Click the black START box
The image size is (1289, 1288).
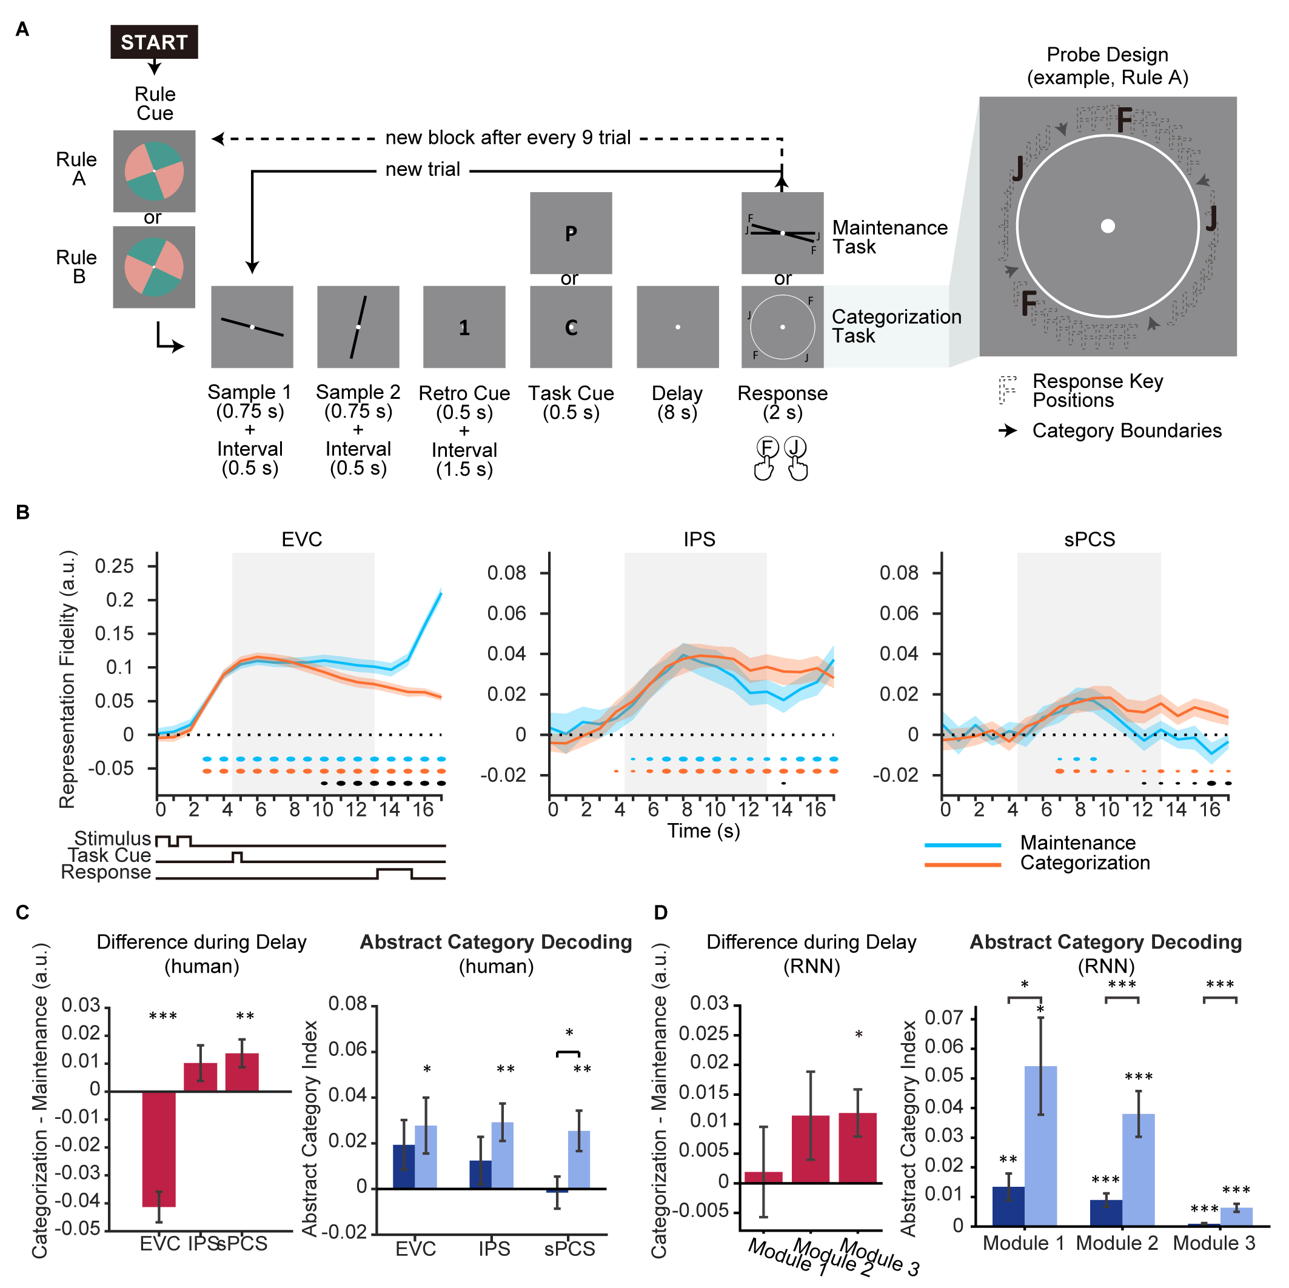click(154, 42)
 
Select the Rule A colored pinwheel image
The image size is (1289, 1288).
click(154, 171)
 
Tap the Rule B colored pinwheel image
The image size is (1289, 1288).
click(154, 267)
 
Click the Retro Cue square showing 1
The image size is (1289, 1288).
click(464, 327)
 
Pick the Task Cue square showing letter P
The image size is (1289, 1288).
click(571, 233)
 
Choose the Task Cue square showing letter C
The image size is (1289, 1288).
click(571, 327)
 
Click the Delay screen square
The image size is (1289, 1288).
click(677, 327)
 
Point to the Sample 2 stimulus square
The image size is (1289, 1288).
click(358, 327)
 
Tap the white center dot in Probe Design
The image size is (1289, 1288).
click(1108, 226)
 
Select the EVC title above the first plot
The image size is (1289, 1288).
click(301, 539)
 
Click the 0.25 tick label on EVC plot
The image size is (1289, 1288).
click(114, 566)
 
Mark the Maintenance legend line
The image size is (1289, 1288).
click(963, 844)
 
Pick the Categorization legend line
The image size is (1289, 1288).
click(963, 864)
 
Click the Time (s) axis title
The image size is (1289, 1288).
click(703, 831)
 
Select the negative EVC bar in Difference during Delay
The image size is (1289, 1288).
click(159, 1149)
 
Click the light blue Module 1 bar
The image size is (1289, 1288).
click(1040, 1146)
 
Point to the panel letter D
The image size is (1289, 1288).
click(660, 912)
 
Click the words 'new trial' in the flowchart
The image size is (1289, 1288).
click(423, 170)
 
